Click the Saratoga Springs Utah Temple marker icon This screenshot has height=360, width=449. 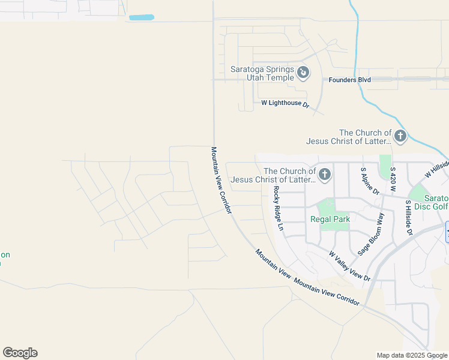pos(304,73)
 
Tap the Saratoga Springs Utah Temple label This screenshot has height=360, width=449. pos(262,73)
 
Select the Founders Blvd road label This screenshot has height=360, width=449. pos(349,80)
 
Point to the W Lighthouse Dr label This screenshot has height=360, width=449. pos(285,104)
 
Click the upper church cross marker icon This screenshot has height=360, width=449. pos(400,137)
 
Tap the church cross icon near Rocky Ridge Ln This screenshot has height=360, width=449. pos(325,175)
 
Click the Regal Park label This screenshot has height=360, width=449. pos(330,219)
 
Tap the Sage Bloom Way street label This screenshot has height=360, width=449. pos(371,235)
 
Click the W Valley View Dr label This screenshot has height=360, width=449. pos(349,266)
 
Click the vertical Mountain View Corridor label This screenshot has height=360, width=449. pos(221,180)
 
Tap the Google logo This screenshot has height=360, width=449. pos(20,353)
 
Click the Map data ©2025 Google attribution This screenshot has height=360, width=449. pos(412,355)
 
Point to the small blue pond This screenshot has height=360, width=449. pos(141,17)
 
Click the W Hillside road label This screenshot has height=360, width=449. pos(437,169)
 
